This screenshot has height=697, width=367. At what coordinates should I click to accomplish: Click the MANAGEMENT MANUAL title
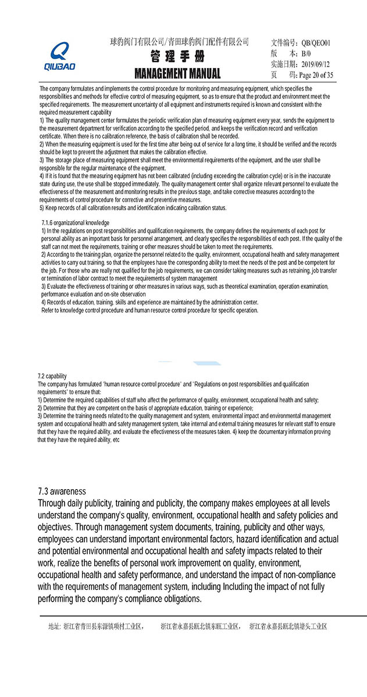pyautogui.click(x=177, y=73)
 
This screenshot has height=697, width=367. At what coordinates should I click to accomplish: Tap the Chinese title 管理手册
pyautogui.click(x=177, y=56)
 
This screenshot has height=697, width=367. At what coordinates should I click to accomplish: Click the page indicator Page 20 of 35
pyautogui.click(x=316, y=75)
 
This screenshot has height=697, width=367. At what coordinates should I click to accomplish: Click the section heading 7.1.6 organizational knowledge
pyautogui.click(x=75, y=223)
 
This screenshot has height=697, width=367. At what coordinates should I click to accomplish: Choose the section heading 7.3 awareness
pyautogui.click(x=62, y=491)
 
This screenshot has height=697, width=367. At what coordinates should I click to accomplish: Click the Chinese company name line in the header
pyautogui.click(x=179, y=42)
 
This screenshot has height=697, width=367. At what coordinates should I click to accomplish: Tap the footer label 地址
pyautogui.click(x=54, y=627)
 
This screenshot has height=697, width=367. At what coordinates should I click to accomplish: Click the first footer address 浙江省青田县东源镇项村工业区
pyautogui.click(x=103, y=627)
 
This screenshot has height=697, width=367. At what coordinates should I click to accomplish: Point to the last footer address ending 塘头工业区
pyautogui.click(x=288, y=627)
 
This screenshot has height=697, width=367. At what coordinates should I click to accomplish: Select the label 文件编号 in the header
pyautogui.click(x=284, y=43)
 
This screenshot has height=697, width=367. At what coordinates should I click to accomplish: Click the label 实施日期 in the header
pyautogui.click(x=284, y=64)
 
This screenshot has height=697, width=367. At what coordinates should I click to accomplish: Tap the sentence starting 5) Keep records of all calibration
pyautogui.click(x=133, y=208)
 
